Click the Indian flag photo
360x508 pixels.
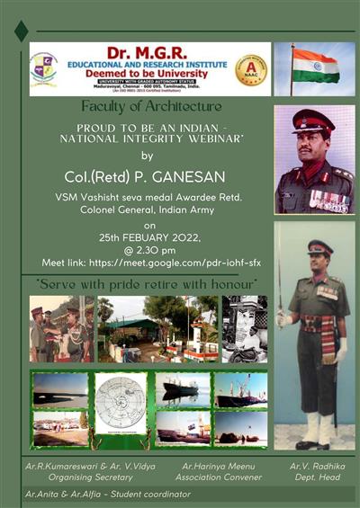tap(315, 68)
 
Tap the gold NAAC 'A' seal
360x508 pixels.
tap(251, 69)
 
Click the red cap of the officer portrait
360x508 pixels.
tap(314, 121)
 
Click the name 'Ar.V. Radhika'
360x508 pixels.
tap(318, 468)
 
